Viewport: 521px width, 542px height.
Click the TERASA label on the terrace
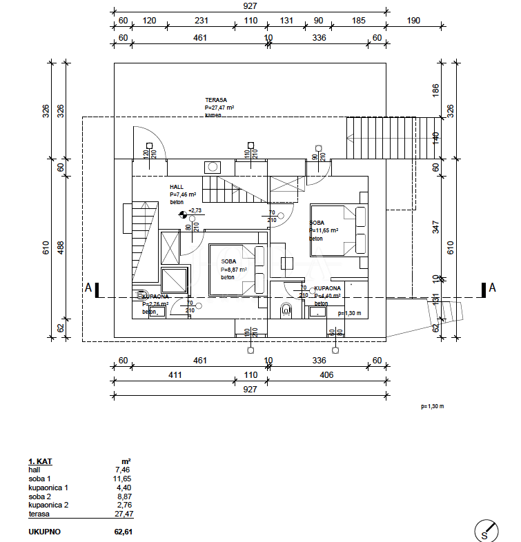click(x=216, y=99)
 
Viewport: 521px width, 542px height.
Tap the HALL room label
click(x=177, y=187)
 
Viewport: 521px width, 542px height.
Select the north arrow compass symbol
click(x=487, y=530)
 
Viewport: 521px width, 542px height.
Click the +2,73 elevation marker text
click(x=195, y=210)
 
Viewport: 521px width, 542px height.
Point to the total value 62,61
click(x=123, y=532)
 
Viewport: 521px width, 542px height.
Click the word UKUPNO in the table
click(x=44, y=532)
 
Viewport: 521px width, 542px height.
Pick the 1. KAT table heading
click(x=40, y=461)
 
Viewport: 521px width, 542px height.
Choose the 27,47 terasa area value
click(x=124, y=514)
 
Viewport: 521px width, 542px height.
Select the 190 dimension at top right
click(x=413, y=21)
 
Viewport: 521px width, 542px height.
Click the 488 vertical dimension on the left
click(x=60, y=245)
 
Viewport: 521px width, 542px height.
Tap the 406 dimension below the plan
click(x=326, y=375)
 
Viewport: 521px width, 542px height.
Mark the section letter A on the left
click(x=88, y=288)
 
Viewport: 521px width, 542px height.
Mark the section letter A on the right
click(x=492, y=288)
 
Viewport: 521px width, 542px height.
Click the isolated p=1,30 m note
click(x=432, y=406)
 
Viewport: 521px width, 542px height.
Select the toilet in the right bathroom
click(x=286, y=312)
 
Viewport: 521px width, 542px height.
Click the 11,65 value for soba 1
click(x=122, y=479)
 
